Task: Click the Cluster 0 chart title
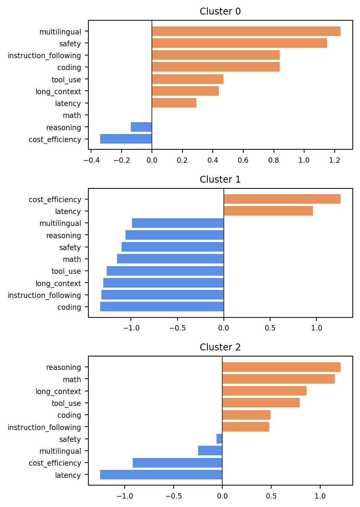(x=220, y=11)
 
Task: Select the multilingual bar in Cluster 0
(x=246, y=31)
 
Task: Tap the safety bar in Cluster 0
(x=239, y=43)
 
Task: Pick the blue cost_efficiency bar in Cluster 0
(x=126, y=139)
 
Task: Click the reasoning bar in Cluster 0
(x=141, y=127)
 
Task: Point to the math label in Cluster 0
(x=72, y=115)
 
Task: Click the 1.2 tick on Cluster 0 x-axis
(x=335, y=160)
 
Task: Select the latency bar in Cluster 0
(x=174, y=103)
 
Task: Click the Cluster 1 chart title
(x=220, y=179)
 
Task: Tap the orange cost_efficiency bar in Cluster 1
(x=282, y=199)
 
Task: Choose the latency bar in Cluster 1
(x=269, y=211)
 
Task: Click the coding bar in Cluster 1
(x=162, y=306)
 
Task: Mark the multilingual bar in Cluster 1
(x=178, y=223)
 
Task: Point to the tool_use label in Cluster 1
(x=66, y=271)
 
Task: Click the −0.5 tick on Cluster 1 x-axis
(x=178, y=328)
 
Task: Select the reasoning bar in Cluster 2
(x=281, y=367)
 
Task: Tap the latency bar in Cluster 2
(x=161, y=474)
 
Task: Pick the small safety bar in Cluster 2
(x=219, y=438)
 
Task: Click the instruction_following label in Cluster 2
(x=44, y=427)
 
